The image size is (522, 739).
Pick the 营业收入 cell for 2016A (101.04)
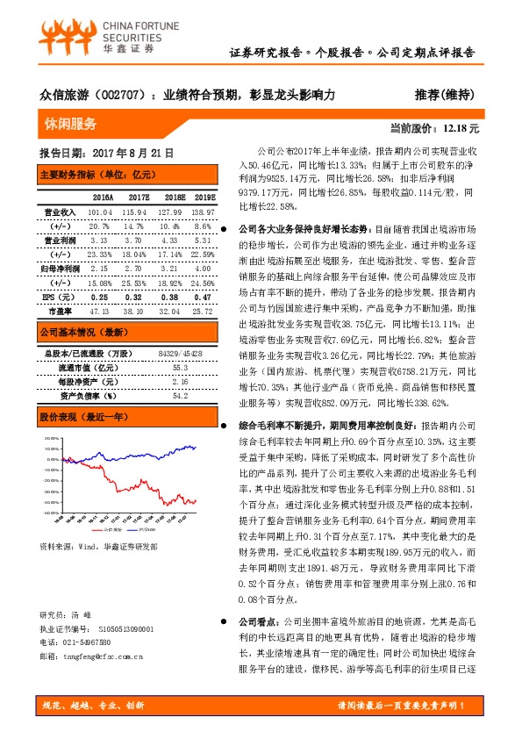click(x=103, y=212)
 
